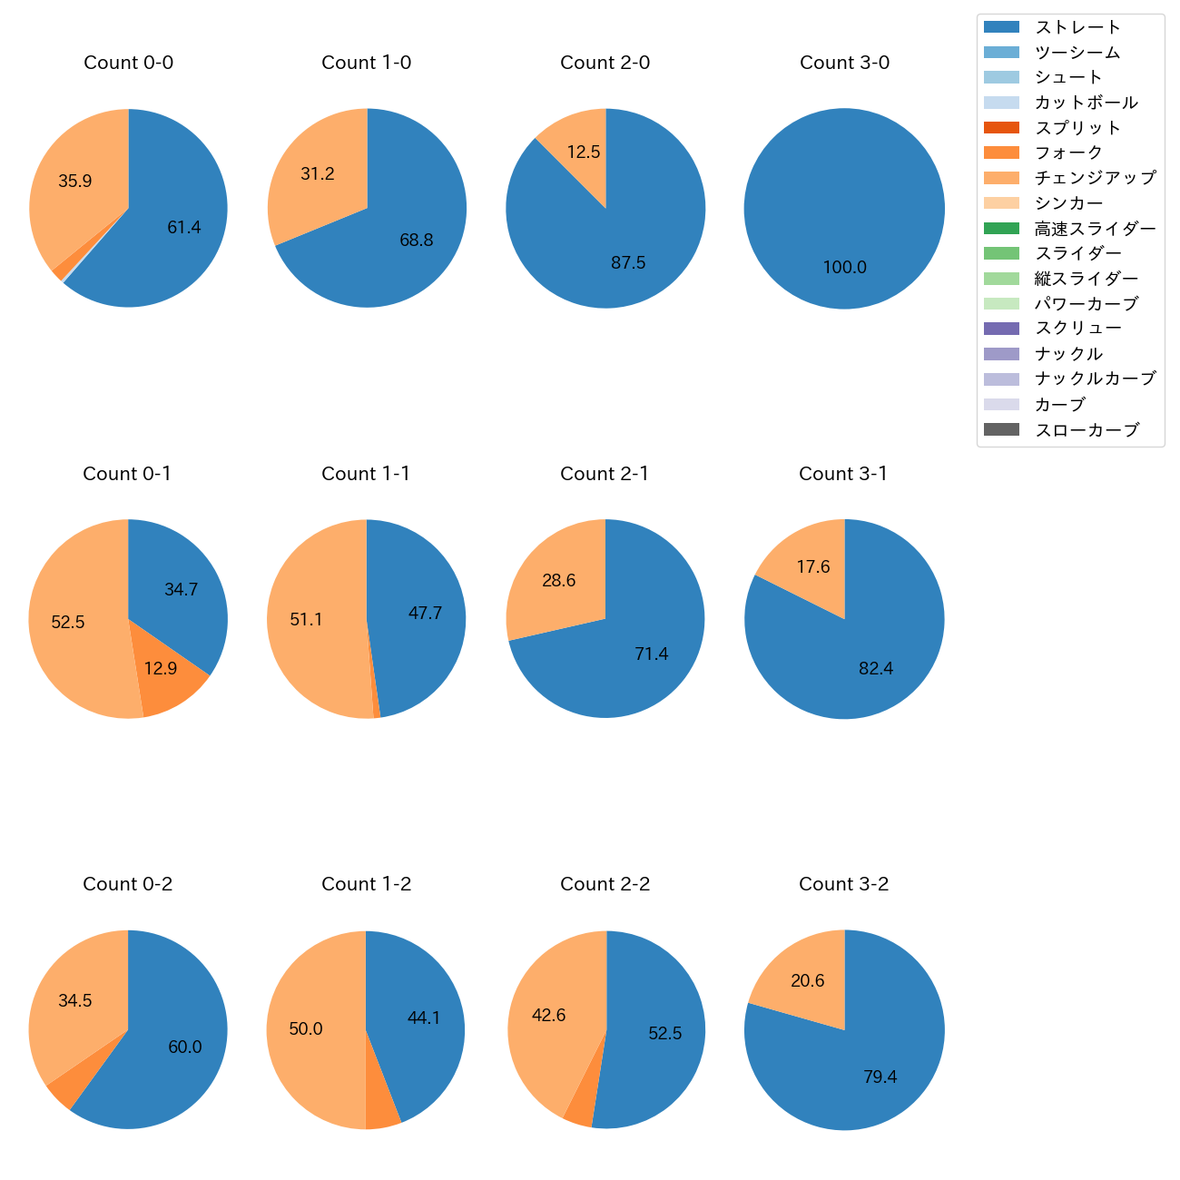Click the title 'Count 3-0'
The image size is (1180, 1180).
844,63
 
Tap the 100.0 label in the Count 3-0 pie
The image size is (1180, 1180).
844,267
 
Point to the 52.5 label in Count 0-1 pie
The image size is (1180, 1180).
68,622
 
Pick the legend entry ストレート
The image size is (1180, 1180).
1077,27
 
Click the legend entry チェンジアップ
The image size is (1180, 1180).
1095,178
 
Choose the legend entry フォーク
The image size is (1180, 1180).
1068,152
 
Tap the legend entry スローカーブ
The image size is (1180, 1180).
1087,430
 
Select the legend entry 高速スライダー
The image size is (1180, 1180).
1095,229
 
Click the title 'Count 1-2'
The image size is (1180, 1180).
367,884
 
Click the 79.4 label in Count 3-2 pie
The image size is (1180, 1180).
880,1077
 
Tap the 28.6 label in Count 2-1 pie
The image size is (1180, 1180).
558,580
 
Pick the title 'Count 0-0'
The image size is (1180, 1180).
129,63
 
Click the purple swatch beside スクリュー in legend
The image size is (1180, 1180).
1001,329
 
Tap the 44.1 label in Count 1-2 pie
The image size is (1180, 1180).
424,1018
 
